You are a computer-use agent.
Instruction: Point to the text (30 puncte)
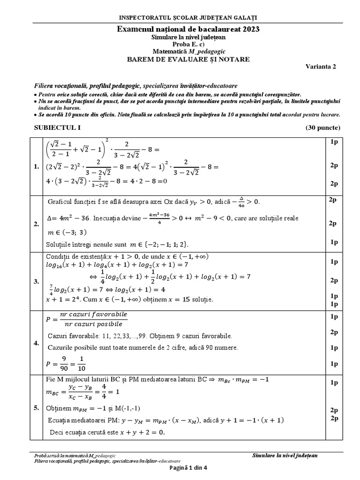click(323, 127)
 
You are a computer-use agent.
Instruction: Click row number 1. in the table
click(36, 166)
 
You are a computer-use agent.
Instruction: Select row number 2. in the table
click(36, 225)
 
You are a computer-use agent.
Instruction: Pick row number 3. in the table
click(36, 281)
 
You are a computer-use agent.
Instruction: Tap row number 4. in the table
click(36, 343)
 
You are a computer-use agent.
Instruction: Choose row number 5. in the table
click(36, 408)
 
